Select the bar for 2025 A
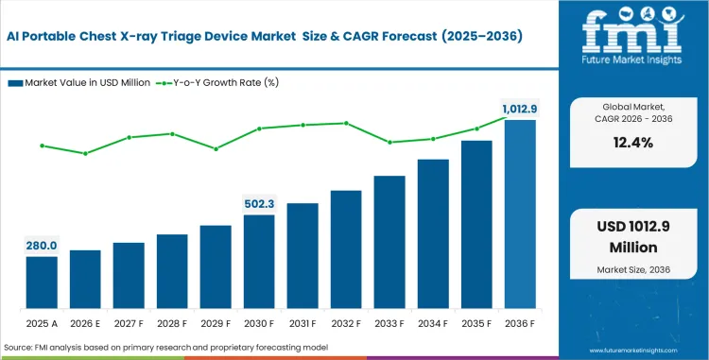click(41, 283)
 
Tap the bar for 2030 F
click(259, 262)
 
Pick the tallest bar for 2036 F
click(520, 214)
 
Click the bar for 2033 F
click(389, 242)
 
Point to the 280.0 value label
click(41, 245)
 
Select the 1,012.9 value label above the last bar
click(519, 109)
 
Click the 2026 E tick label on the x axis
click(84, 322)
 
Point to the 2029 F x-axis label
click(216, 322)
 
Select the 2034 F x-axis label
click(433, 322)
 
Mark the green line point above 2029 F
click(216, 148)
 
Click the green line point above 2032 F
click(346, 123)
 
